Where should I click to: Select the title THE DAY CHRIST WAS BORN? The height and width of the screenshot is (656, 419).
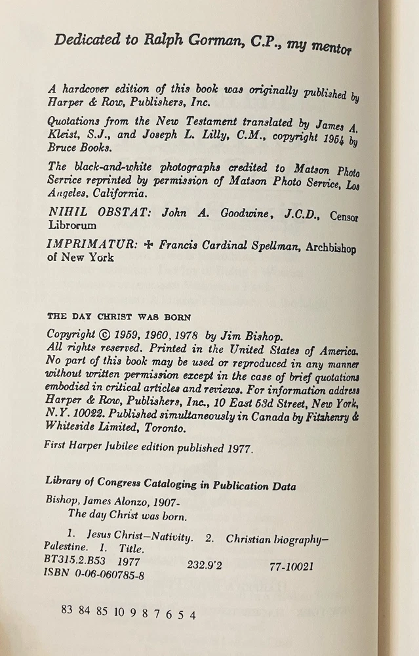[x=119, y=316]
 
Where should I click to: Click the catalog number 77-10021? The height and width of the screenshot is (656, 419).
[x=291, y=566]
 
